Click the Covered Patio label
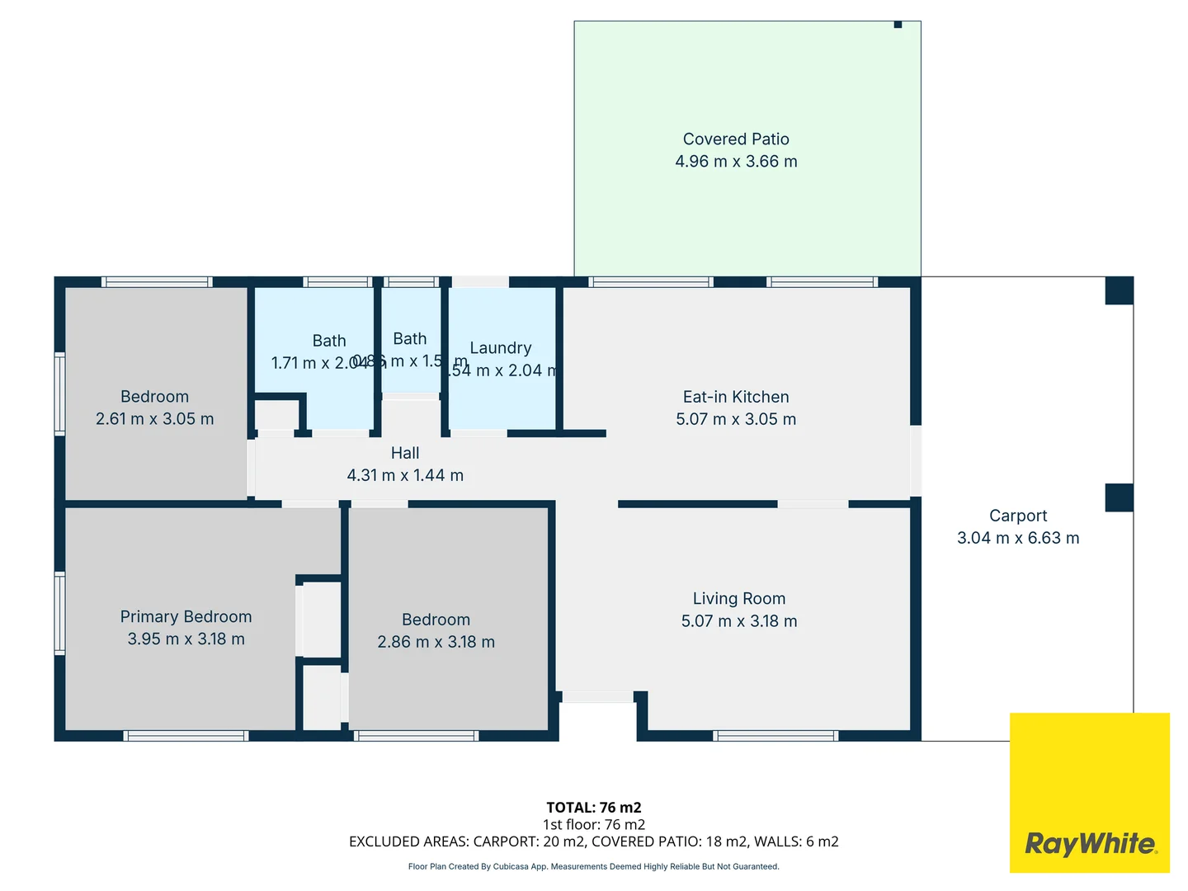tap(736, 139)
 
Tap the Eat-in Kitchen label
tap(736, 397)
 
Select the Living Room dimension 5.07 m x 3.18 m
tap(738, 621)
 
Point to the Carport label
tap(1018, 516)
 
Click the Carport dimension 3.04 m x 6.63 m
tap(1018, 538)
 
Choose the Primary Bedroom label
tap(186, 616)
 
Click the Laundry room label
tap(500, 348)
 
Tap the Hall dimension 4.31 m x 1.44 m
tap(405, 475)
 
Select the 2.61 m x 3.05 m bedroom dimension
tap(154, 419)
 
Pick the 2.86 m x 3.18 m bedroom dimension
tap(436, 642)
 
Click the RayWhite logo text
tap(1090, 844)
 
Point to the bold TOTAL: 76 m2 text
tap(593, 808)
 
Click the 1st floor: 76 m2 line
tap(593, 824)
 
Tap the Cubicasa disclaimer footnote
tap(593, 866)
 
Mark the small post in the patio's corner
tap(898, 25)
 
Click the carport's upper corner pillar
tap(1119, 290)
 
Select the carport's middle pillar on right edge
tap(1119, 497)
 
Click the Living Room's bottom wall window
tap(775, 735)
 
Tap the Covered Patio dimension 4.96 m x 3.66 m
tap(736, 162)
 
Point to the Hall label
tap(405, 453)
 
